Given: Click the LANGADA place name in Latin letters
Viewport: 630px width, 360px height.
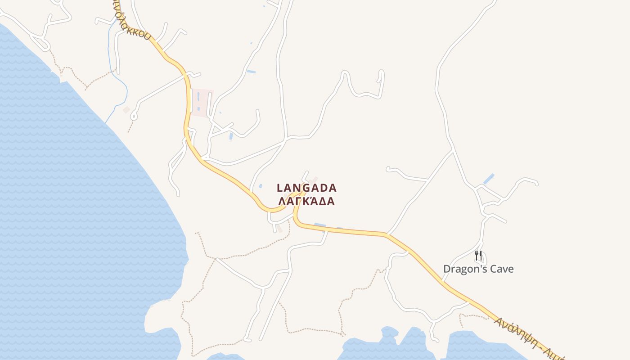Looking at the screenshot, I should pos(306,188).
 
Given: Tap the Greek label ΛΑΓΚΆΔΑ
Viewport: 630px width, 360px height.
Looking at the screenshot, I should pos(306,201).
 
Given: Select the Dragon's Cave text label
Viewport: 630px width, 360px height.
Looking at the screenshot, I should pos(478,269).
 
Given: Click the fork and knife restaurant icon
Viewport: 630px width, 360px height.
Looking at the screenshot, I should pos(478,256).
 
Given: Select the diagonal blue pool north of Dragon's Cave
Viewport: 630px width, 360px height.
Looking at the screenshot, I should pos(489,179).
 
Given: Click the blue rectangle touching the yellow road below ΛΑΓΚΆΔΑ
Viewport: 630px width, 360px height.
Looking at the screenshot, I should pos(320,225).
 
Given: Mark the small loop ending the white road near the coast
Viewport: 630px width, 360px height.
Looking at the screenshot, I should pos(133,117).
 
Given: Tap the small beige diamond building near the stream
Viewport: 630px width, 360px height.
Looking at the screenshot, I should pos(126,109).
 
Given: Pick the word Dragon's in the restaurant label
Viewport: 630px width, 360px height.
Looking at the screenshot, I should pos(462,269).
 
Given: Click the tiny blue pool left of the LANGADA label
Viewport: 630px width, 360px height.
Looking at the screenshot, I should pos(261,186).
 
